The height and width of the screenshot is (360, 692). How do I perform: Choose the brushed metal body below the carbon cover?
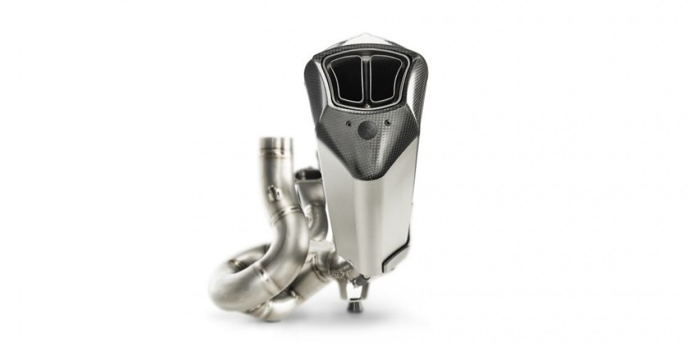click(x=364, y=219)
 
